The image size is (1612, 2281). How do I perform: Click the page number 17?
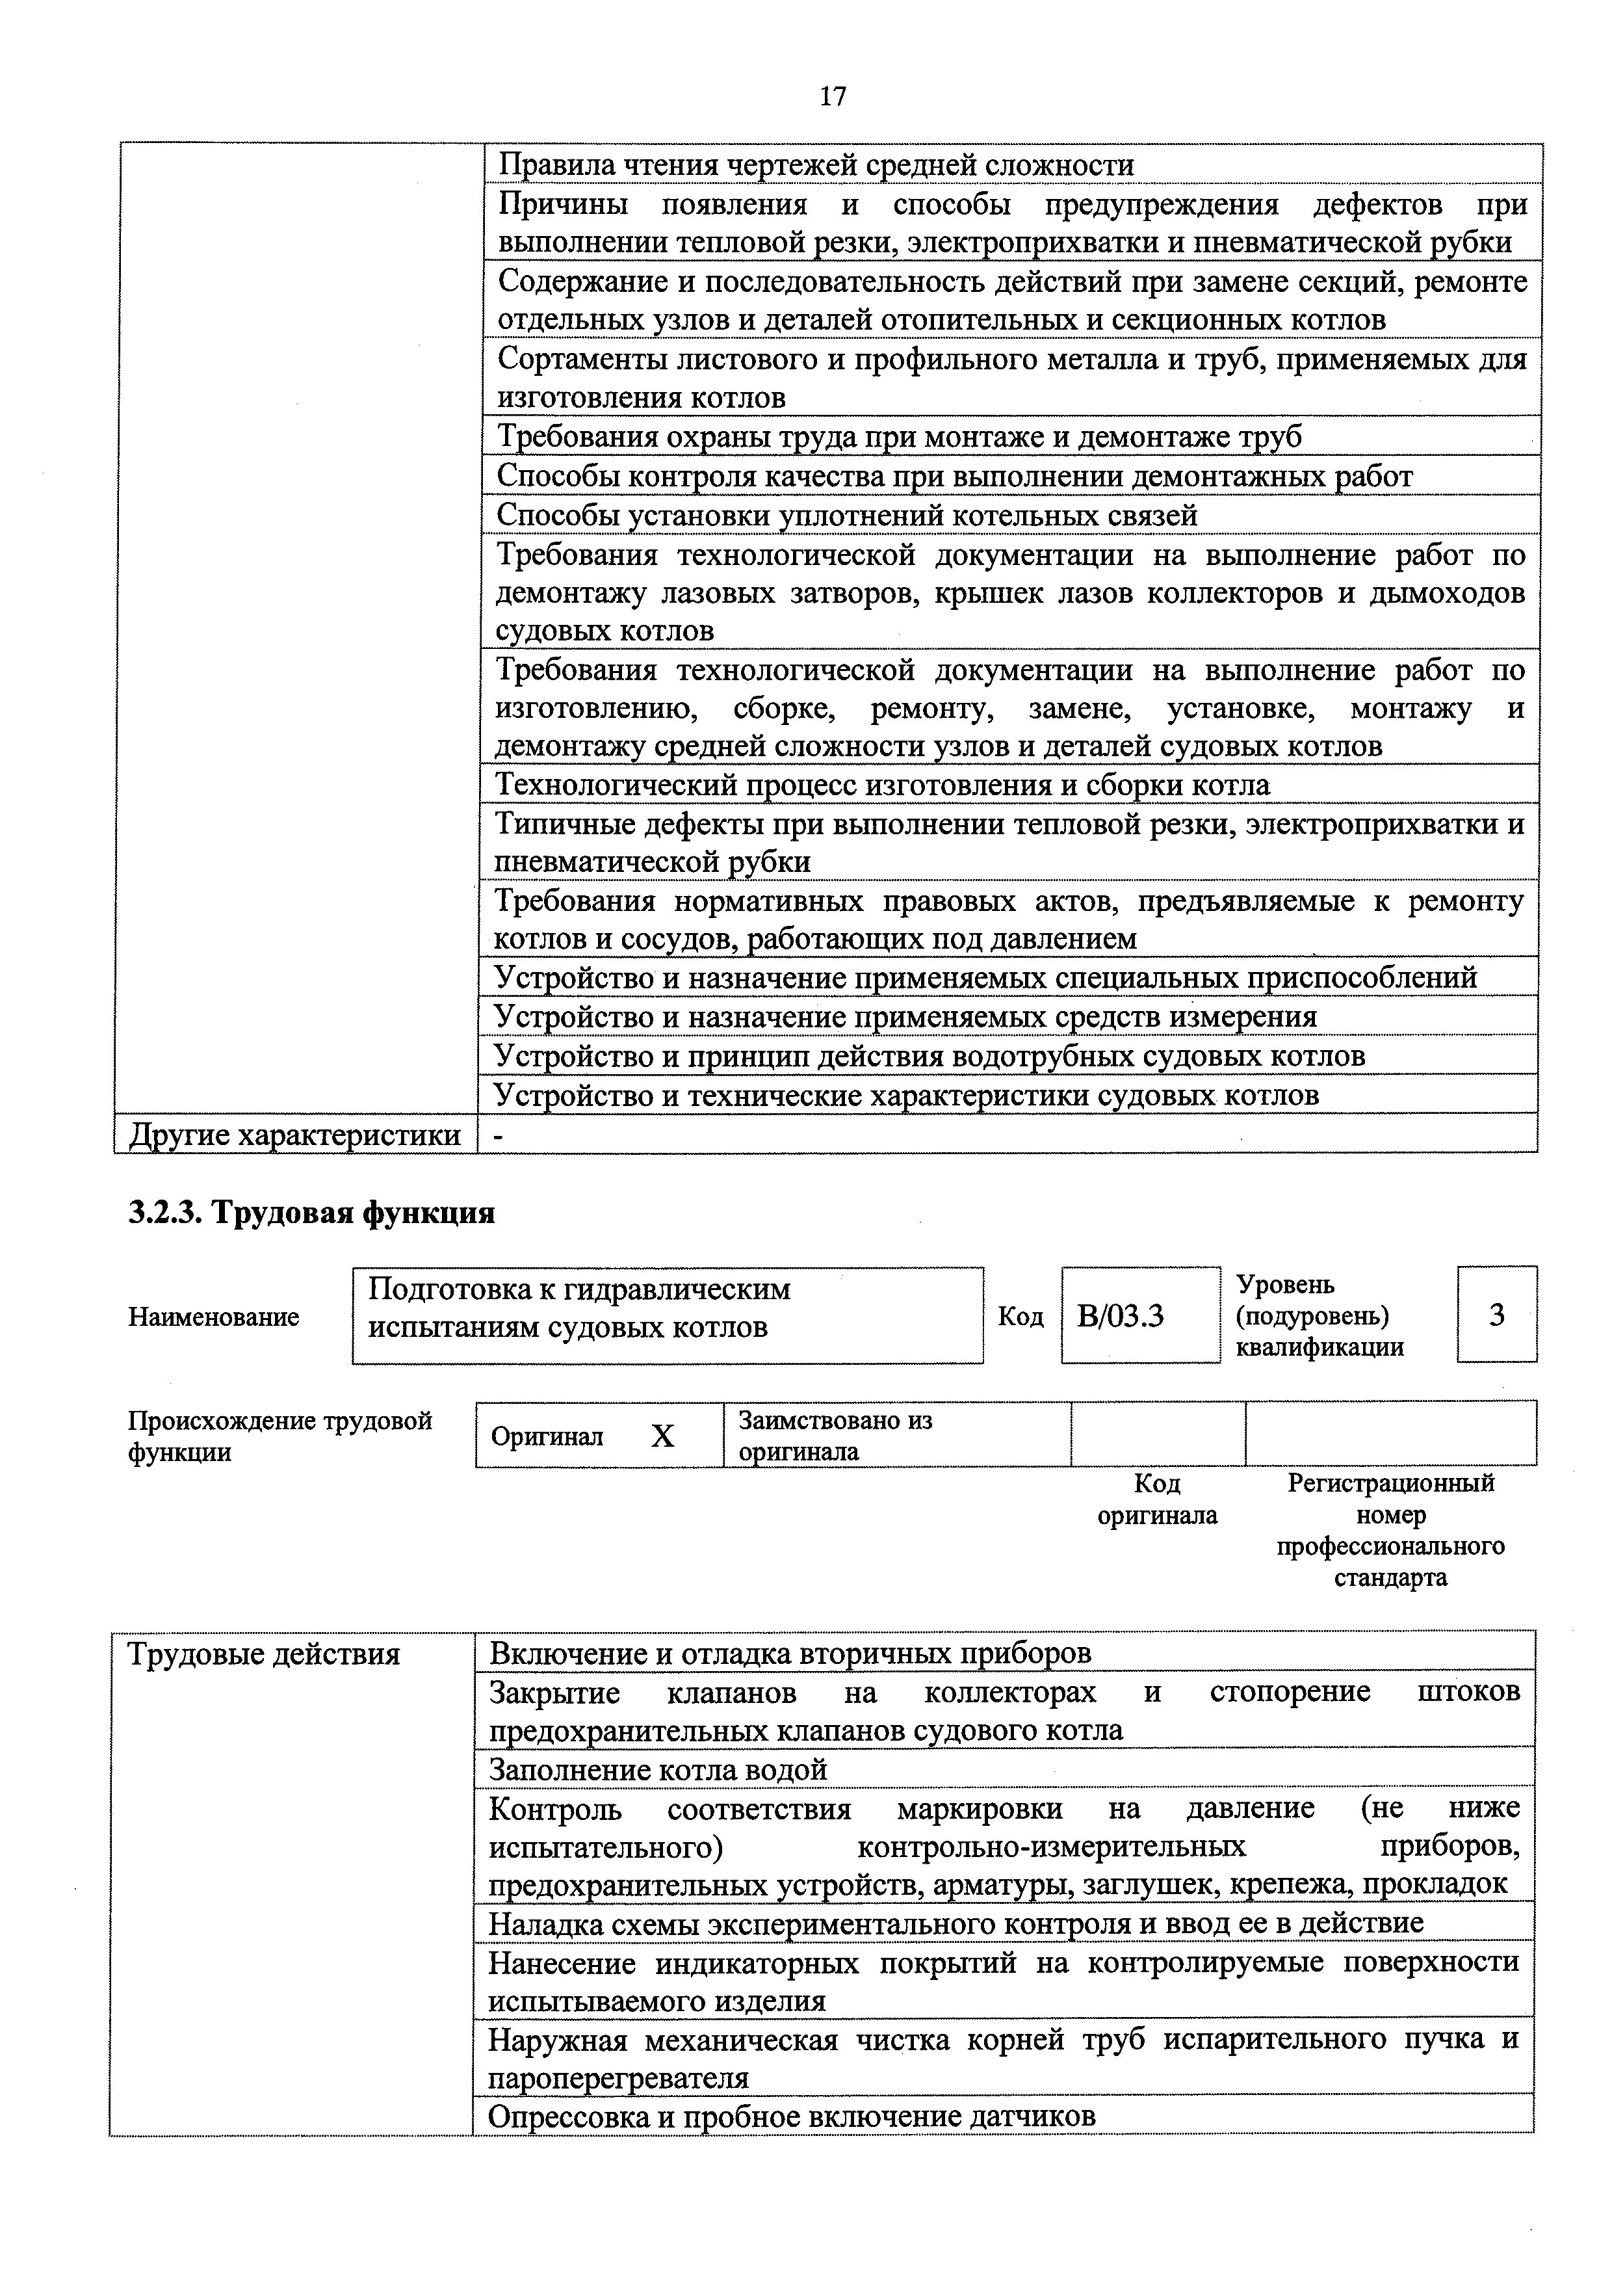coord(832,96)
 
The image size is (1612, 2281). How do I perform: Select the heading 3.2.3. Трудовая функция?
coord(311,1214)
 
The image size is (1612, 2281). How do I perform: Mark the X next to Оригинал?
coord(662,1436)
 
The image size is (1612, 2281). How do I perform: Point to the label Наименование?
coord(214,1317)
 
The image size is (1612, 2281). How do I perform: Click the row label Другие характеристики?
coord(295,1135)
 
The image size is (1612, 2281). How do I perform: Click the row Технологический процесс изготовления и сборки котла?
coord(883,785)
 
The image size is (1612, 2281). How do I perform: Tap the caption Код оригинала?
coord(1157,1499)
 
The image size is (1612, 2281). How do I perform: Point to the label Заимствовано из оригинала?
coord(835,1436)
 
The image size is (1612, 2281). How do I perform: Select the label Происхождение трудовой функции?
coord(280,1436)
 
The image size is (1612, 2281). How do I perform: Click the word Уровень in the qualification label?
coord(1285,1285)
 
